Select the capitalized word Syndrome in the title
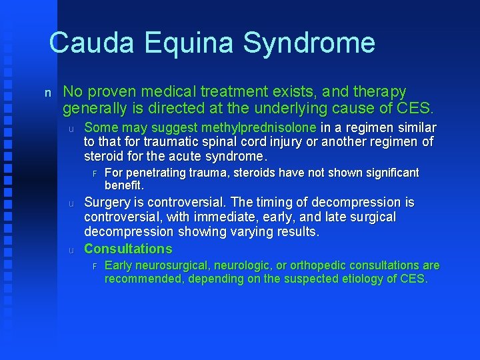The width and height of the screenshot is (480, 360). click(309, 43)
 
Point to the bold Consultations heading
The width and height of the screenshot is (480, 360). click(128, 249)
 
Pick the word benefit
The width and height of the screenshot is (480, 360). click(124, 185)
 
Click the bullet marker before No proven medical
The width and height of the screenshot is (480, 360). click(47, 93)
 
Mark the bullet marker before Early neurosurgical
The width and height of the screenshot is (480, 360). click(95, 266)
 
